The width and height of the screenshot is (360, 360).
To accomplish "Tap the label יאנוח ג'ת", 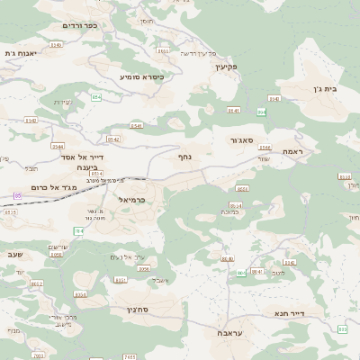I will (x=19, y=53).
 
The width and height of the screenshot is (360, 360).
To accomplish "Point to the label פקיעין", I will (x=225, y=67).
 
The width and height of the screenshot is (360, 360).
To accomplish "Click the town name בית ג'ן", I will (x=334, y=89).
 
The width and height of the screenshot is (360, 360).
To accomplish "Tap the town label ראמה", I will (x=295, y=152).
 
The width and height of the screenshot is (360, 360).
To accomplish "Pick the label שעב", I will (x=14, y=255).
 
